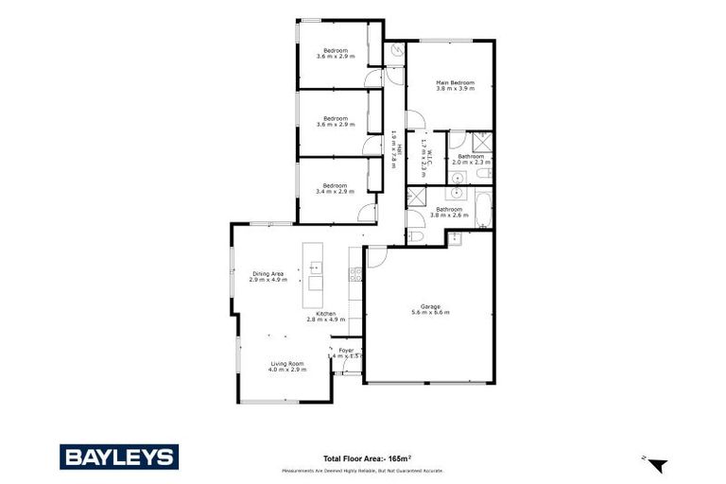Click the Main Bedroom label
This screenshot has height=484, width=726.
(x=455, y=83)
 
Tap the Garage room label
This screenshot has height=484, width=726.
(x=431, y=306)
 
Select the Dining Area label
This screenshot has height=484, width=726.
(x=268, y=273)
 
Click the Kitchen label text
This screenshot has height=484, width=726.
(x=326, y=313)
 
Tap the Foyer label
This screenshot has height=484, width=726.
(x=346, y=350)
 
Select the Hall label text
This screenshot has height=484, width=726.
(x=400, y=149)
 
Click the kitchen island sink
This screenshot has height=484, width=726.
(x=315, y=268)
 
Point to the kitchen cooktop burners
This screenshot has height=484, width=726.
(x=355, y=275)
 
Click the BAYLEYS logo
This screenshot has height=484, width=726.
(x=118, y=457)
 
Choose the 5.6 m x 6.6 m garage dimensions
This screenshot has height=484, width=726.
(x=431, y=313)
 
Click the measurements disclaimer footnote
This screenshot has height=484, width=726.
(x=362, y=470)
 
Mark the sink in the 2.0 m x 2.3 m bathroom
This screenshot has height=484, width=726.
(x=457, y=178)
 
